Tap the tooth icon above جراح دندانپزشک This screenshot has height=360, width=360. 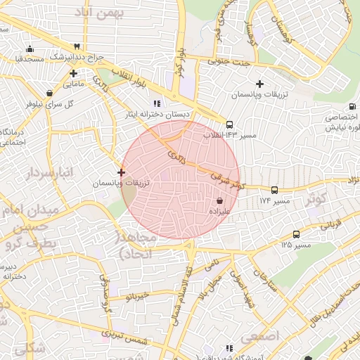click(77, 46)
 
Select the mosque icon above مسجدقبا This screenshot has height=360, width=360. click(30, 49)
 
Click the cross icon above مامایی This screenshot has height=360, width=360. click(73, 73)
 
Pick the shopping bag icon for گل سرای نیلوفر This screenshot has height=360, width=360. click(49, 93)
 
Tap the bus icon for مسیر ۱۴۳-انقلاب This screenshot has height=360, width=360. click(229, 124)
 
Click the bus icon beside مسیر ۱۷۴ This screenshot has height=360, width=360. click(274, 190)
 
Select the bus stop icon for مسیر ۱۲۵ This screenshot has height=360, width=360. click(296, 234)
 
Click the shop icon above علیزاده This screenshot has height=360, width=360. click(220, 200)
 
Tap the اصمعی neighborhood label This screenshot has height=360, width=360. click(259, 337)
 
